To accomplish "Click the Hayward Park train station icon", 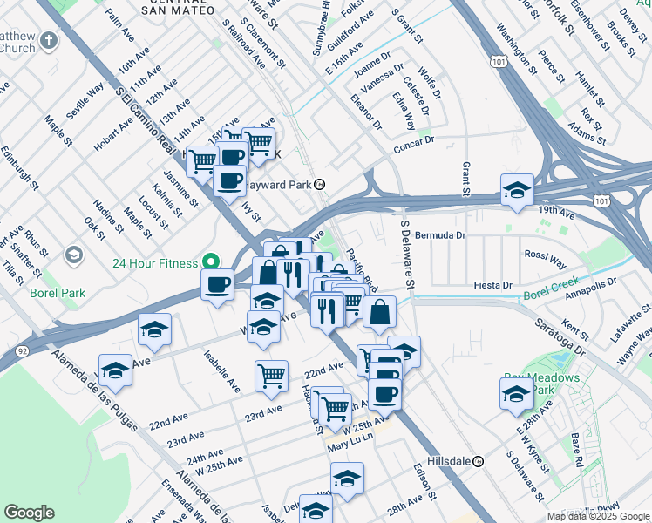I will click(x=321, y=185).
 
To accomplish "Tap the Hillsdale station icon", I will click(x=479, y=461).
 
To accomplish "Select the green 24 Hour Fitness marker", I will click(x=209, y=261).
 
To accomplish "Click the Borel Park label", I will click(x=58, y=293).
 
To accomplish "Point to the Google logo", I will click(x=29, y=513).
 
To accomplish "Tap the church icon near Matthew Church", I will click(x=49, y=41).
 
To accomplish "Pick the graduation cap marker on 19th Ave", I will click(x=516, y=191).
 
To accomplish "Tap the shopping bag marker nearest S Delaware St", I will click(x=379, y=311).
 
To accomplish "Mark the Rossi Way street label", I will click(x=545, y=259).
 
